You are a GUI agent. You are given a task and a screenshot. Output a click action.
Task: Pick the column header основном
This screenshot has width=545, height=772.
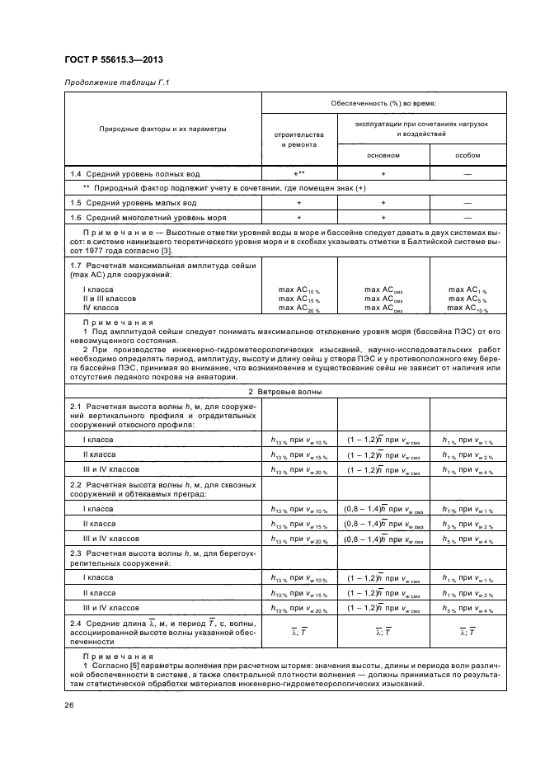point(383,155)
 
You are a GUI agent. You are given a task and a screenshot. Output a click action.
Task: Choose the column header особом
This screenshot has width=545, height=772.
point(467,155)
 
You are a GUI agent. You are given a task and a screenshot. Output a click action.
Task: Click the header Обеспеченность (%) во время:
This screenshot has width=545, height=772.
point(383,104)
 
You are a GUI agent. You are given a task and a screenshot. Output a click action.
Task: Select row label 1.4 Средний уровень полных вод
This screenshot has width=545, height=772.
point(132,175)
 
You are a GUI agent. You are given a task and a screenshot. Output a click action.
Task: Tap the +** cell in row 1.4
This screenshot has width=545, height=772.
point(299,175)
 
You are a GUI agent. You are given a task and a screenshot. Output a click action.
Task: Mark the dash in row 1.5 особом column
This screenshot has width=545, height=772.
point(467,202)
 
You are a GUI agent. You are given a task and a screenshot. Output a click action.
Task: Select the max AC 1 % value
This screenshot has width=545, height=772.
point(467,290)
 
